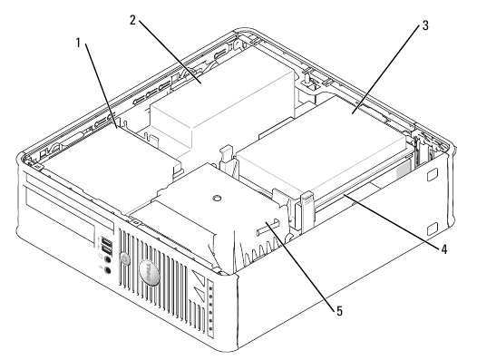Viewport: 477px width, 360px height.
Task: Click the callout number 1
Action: pos(78,44)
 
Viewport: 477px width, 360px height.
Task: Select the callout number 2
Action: pos(132,21)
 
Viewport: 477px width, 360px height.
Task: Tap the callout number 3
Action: pos(425,25)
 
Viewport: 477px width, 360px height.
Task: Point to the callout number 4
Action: pos(443,249)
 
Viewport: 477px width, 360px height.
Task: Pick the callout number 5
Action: pos(339,311)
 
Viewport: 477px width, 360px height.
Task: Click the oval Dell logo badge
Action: pos(149,273)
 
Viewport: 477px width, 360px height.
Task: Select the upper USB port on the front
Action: pos(106,242)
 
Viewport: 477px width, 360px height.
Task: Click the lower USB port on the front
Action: pos(106,250)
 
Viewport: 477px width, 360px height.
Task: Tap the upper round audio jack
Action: pos(107,259)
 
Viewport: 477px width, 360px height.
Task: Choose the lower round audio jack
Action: pos(107,270)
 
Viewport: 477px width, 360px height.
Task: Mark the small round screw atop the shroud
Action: pos(217,198)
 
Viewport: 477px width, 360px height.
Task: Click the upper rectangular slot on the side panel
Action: pos(432,176)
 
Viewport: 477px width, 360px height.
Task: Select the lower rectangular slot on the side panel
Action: pos(432,229)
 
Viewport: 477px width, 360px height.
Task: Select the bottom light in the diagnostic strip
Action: pos(210,330)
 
